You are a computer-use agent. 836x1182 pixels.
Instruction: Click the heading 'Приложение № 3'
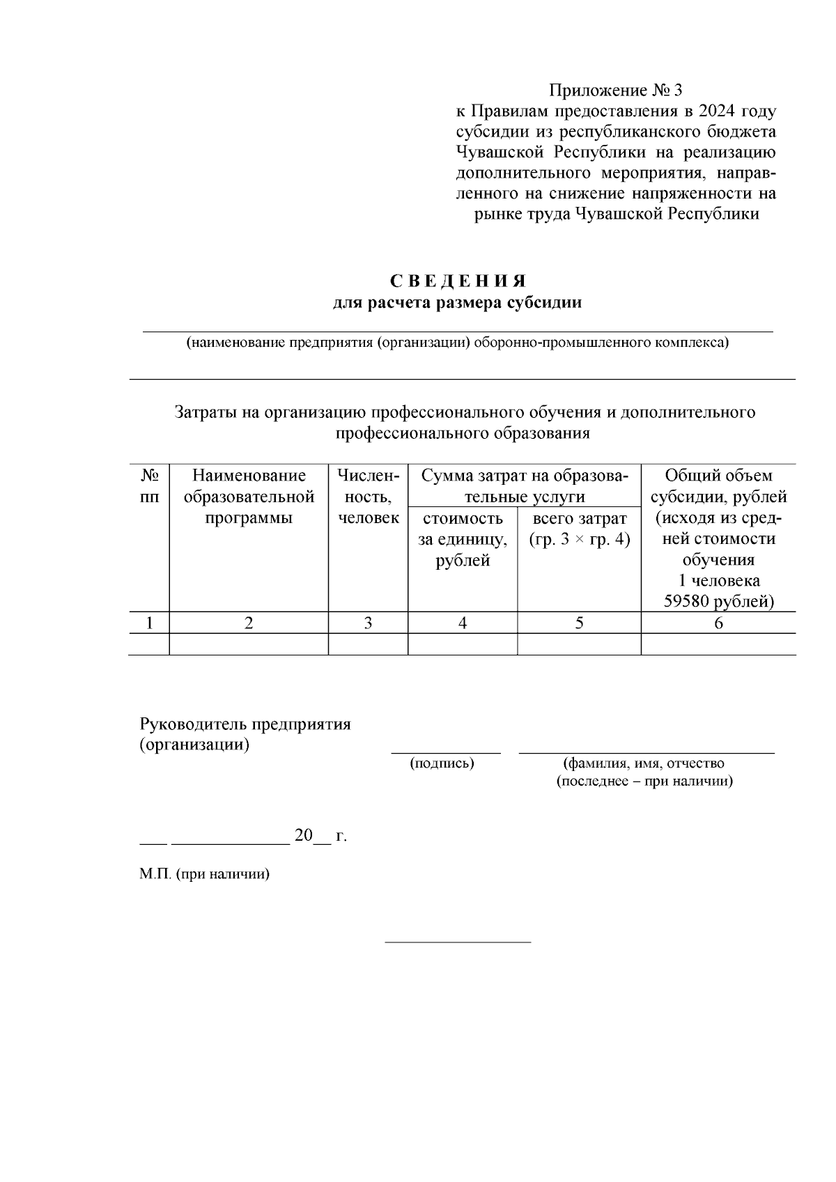(x=616, y=91)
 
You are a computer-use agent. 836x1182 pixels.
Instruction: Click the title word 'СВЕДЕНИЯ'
(x=458, y=281)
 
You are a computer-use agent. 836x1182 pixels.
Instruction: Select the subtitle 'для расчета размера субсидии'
(x=458, y=303)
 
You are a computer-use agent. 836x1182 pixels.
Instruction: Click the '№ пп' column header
(x=149, y=486)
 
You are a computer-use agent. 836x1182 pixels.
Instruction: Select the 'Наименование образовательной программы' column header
(x=249, y=497)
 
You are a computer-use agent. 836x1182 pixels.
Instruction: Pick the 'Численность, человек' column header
(x=368, y=497)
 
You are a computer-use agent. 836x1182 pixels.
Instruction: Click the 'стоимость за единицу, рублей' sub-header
(x=463, y=539)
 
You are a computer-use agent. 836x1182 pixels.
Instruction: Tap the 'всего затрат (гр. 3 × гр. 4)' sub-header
(x=579, y=529)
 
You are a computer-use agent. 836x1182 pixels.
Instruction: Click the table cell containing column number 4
(x=463, y=623)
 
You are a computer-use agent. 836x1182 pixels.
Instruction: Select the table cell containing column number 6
(x=718, y=623)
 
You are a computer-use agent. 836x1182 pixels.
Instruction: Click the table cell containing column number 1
(x=149, y=623)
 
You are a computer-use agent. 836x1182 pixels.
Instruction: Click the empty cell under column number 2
(x=249, y=644)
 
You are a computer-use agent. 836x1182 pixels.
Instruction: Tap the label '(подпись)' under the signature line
(x=442, y=763)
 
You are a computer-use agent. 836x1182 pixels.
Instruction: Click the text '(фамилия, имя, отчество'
(x=644, y=763)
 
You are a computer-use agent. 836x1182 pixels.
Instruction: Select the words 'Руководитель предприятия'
(x=245, y=724)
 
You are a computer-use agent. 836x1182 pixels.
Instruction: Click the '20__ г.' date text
(x=320, y=836)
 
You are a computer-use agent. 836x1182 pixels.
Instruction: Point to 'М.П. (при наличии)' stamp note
(x=204, y=874)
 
